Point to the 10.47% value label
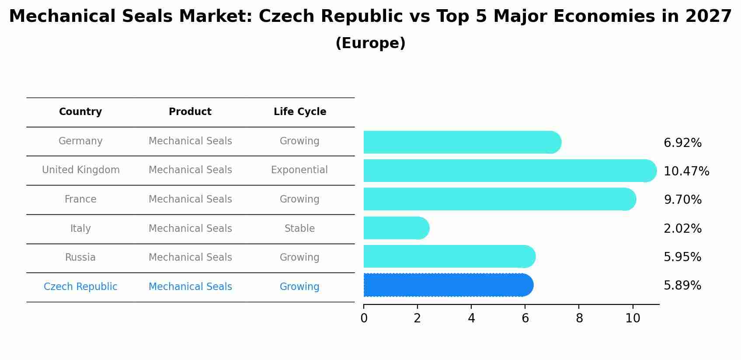click(686, 171)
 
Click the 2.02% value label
click(682, 228)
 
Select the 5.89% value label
click(682, 286)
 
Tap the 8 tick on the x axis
click(579, 318)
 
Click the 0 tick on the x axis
click(364, 318)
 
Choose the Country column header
click(80, 112)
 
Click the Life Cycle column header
click(300, 112)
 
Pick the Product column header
click(190, 112)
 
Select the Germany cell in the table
click(80, 141)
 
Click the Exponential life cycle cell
click(299, 170)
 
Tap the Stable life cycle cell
click(299, 228)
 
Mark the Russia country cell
click(80, 257)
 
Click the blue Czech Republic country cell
click(80, 287)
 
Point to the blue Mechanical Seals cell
click(190, 287)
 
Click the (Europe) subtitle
click(370, 43)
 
